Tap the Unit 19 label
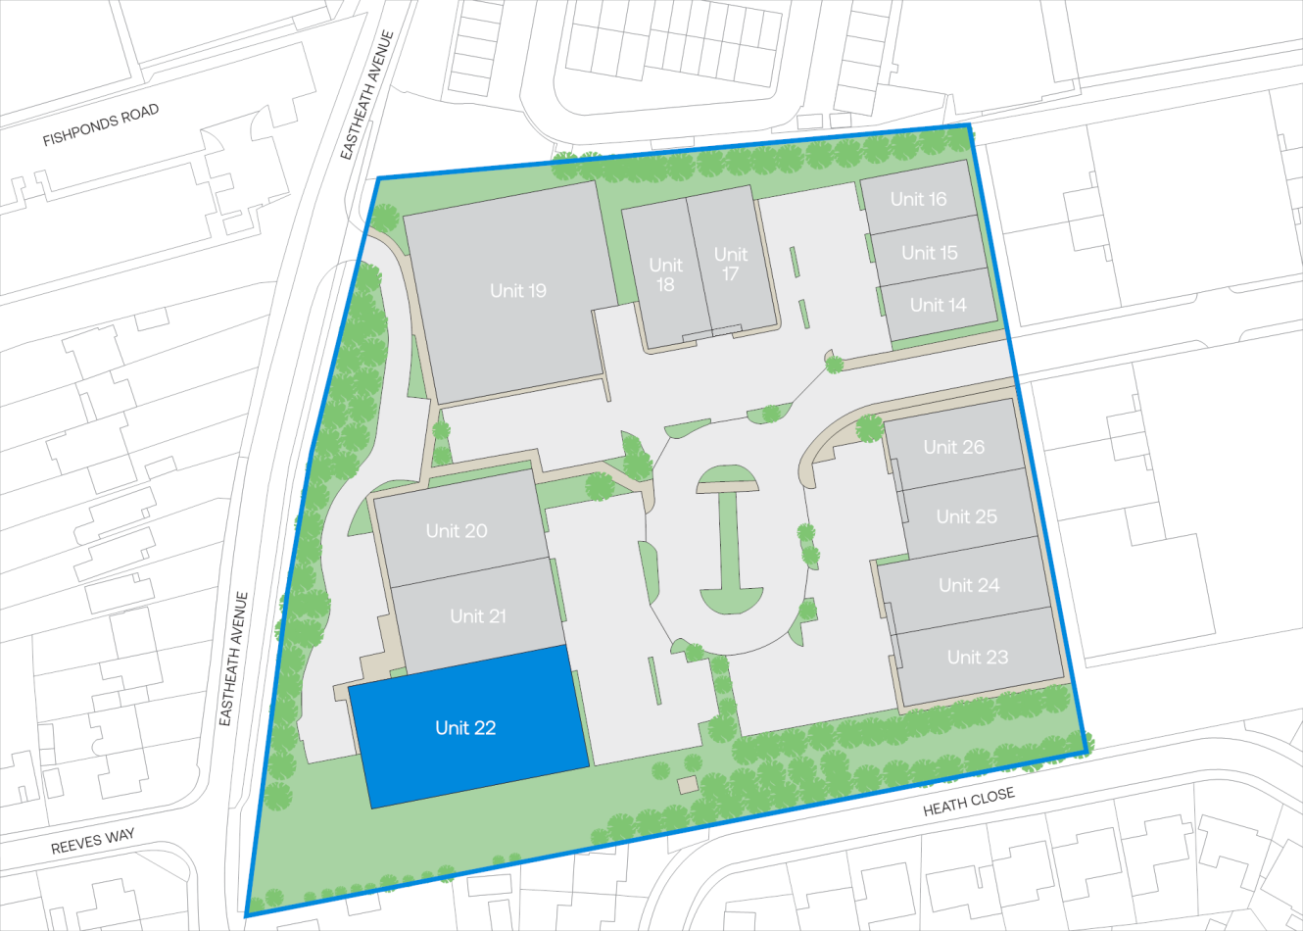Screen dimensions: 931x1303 tap(518, 290)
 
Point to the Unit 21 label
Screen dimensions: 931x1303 tap(478, 615)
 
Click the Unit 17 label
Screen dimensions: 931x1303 tap(731, 264)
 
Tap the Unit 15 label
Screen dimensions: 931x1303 tap(930, 253)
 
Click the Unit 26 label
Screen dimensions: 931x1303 tap(954, 447)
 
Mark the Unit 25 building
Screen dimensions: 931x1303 tap(968, 516)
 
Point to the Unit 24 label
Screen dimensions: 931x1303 tap(969, 585)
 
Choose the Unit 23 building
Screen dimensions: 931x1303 tap(979, 657)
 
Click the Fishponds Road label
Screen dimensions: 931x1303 tap(101, 126)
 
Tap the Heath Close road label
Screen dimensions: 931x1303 tap(969, 802)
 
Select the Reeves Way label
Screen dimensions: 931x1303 tap(93, 842)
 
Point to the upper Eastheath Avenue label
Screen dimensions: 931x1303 tap(367, 95)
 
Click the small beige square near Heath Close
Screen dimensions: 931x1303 tap(688, 784)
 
